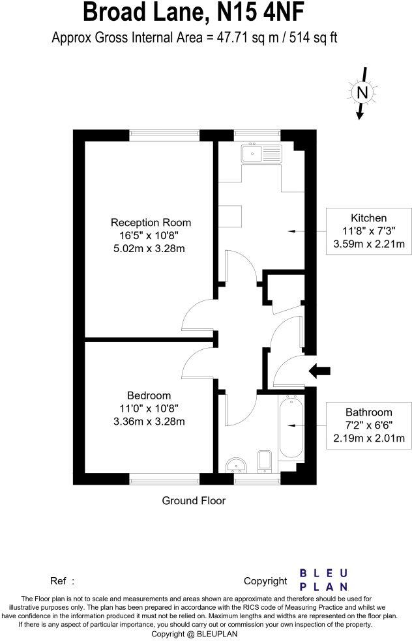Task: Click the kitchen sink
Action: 260,154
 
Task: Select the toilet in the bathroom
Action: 265,460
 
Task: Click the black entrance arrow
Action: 319,371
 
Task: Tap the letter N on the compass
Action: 362,93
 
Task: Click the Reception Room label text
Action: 151,222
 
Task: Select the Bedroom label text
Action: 149,395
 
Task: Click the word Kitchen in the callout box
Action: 369,218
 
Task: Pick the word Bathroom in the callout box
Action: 369,412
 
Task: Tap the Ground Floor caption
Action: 194,500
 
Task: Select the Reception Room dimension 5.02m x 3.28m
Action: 151,248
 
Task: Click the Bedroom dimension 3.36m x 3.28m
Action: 149,421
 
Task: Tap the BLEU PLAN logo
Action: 323,579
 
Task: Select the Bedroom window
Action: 164,480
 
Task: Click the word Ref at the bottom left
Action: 59,580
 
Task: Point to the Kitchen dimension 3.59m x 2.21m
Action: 369,244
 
